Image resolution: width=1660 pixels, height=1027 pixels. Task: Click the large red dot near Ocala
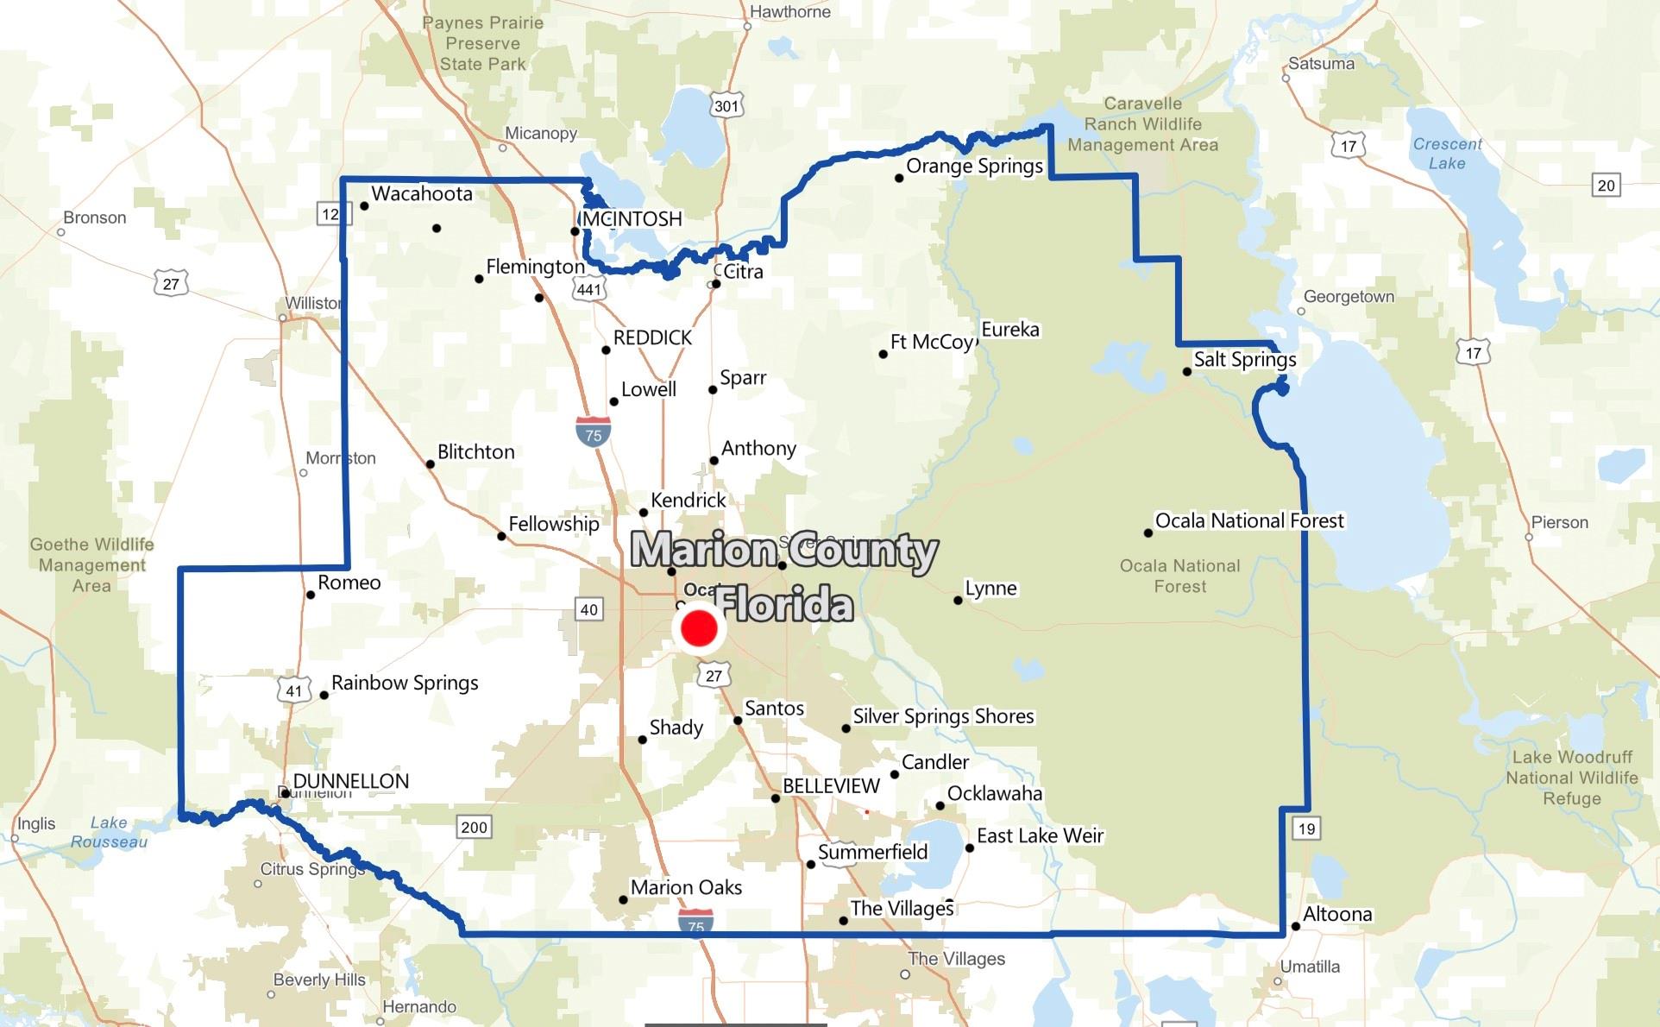699,628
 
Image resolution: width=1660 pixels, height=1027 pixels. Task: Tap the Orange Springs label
974,166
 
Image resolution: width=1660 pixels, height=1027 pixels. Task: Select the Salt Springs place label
1244,359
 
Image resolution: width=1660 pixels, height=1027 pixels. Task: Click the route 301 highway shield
726,106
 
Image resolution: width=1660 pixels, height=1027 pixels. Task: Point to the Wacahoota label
422,193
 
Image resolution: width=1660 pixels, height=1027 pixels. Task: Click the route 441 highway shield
588,289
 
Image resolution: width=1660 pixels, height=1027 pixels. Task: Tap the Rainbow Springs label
405,683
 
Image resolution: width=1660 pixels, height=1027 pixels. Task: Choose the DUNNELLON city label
351,781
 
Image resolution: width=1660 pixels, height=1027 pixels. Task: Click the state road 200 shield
474,827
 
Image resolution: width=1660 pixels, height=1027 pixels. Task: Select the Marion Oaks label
686,887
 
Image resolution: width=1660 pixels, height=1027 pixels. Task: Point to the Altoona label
1337,914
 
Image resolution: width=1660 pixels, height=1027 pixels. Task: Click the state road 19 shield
1306,829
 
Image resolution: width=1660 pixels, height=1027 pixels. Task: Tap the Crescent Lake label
1447,154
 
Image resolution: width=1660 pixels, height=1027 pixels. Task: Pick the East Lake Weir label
1040,835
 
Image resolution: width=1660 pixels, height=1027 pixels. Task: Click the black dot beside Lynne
958,600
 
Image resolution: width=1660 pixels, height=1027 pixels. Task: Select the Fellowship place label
553,524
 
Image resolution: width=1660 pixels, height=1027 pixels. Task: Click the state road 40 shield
588,609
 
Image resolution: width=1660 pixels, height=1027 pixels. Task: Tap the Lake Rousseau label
109,832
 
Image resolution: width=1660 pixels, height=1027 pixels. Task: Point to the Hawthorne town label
789,12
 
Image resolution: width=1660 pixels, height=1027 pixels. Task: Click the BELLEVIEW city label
831,786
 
